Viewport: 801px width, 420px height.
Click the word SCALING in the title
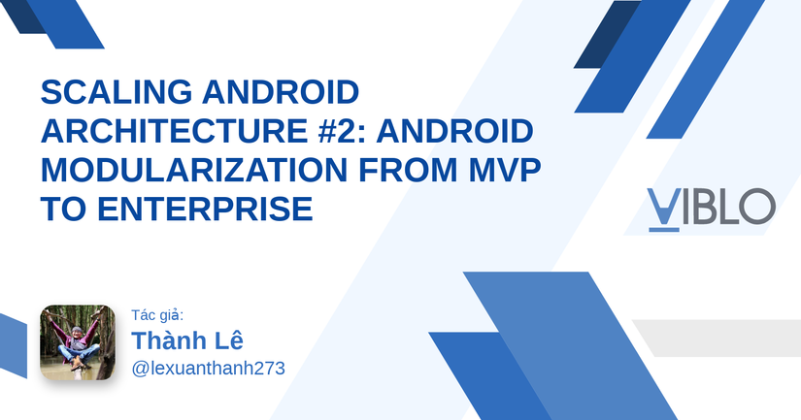(117, 92)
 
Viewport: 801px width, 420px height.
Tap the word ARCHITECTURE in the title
(175, 131)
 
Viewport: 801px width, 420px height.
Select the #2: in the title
(342, 131)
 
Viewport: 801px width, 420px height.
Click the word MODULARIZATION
(194, 170)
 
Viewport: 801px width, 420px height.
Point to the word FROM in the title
(408, 170)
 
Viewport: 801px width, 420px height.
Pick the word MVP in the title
(504, 170)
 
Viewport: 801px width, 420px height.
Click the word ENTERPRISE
(205, 209)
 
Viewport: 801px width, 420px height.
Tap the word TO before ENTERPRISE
(63, 209)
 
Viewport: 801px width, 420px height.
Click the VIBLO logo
(711, 210)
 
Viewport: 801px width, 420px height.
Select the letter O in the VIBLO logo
(757, 207)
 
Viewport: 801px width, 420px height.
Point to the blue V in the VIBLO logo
(664, 207)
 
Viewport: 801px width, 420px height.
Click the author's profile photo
(78, 342)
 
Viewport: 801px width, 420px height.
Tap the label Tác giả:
(157, 315)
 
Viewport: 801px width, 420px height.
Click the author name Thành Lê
(187, 340)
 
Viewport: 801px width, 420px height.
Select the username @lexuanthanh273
(209, 368)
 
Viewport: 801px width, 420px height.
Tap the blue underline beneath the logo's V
(664, 230)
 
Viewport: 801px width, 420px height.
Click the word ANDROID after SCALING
(281, 92)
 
